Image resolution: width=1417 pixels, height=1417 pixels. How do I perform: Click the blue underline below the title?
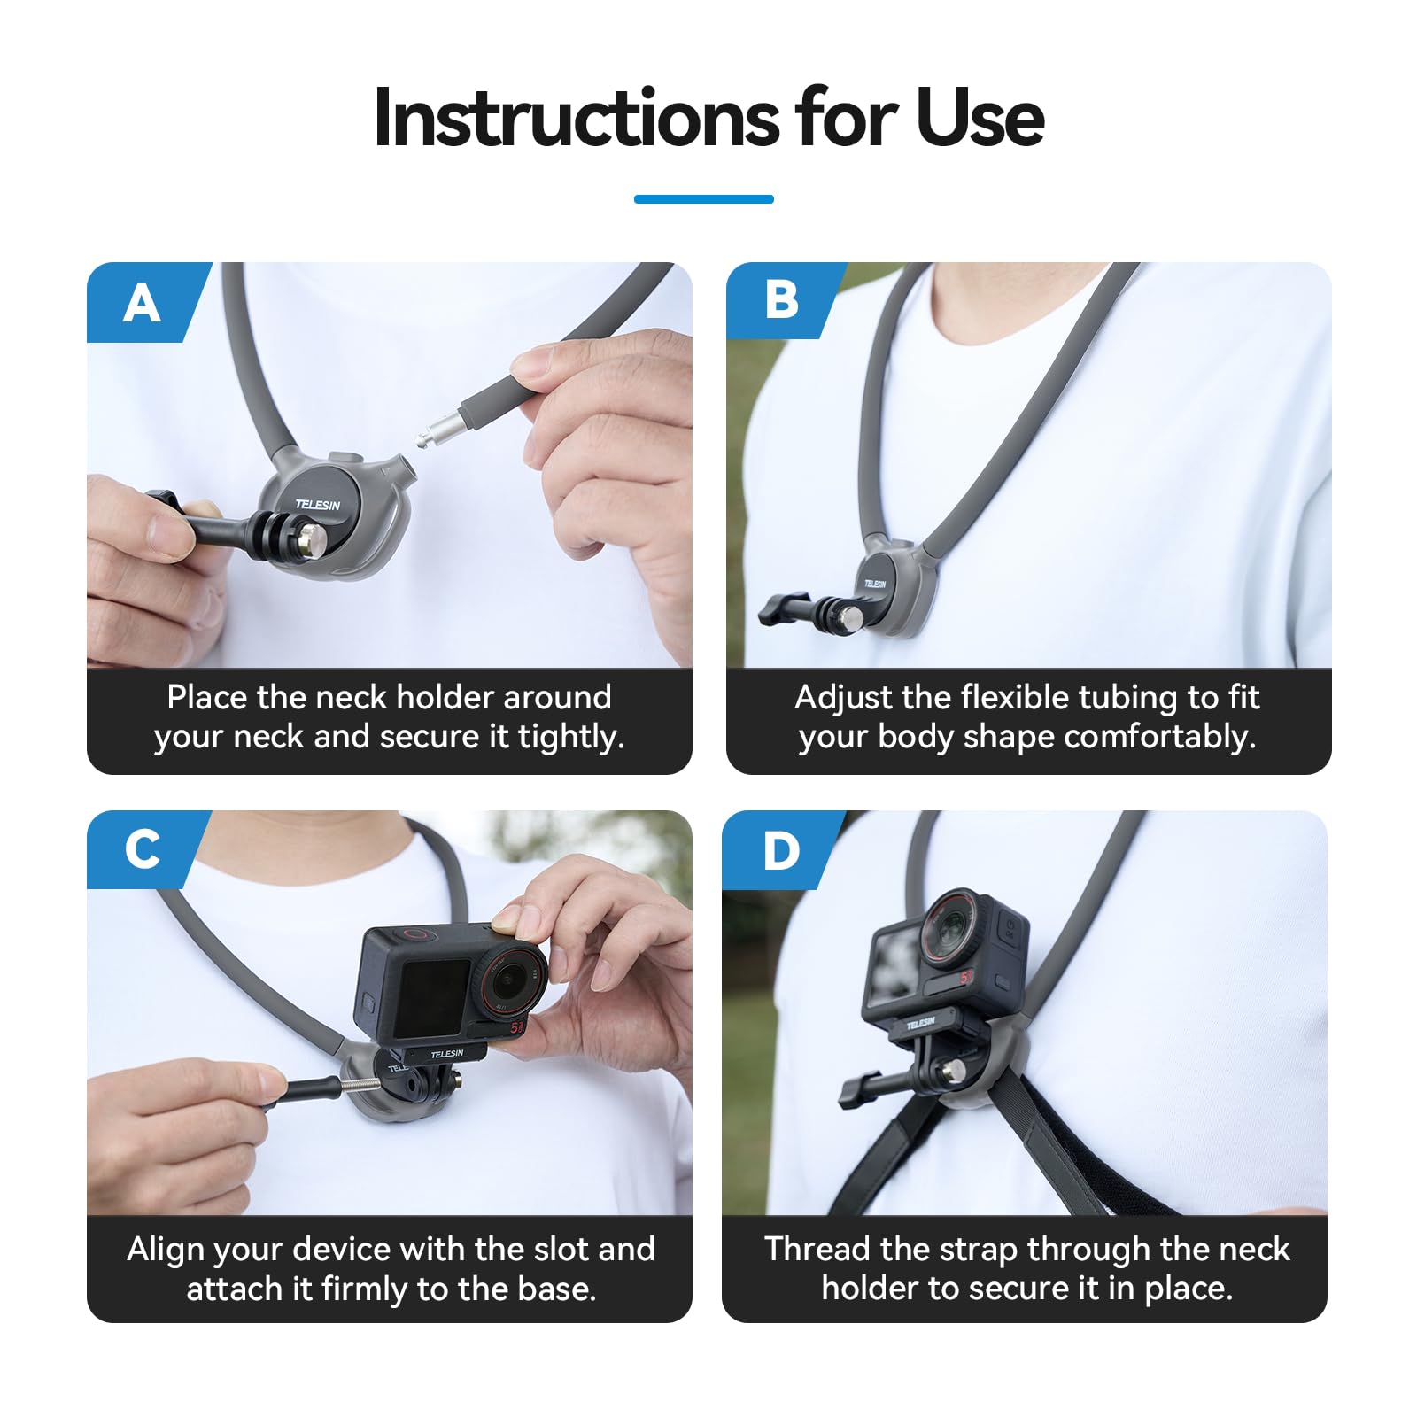click(704, 199)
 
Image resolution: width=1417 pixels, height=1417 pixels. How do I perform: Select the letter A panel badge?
click(143, 304)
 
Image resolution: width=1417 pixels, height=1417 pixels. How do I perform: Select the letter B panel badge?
click(781, 300)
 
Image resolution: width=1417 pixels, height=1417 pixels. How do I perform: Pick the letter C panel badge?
click(143, 849)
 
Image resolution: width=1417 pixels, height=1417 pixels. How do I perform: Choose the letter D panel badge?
click(780, 850)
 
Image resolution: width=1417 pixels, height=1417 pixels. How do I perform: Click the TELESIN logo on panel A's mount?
click(317, 505)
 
